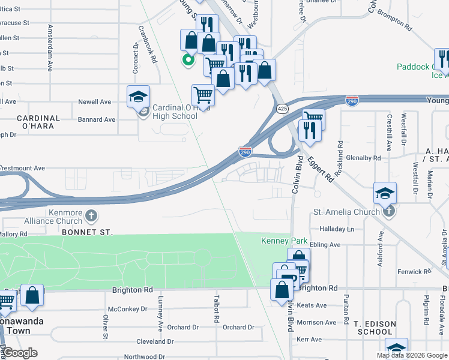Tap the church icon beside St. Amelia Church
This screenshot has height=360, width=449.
point(389,211)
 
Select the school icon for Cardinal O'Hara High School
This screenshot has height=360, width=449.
point(138,97)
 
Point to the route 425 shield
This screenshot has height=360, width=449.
point(283,108)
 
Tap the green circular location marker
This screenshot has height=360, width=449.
point(188,59)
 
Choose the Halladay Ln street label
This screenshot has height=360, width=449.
point(337,229)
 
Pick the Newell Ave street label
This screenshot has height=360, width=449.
point(95,102)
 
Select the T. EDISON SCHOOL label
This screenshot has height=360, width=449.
point(375,328)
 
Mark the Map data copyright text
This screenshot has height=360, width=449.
point(411,355)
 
